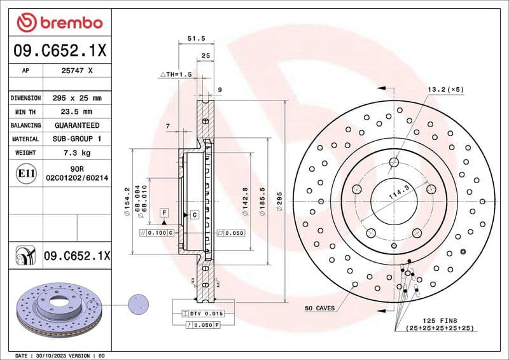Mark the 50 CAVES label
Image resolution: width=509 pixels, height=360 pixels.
coord(319,308)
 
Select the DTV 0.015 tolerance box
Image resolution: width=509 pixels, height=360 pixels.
coord(203,314)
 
